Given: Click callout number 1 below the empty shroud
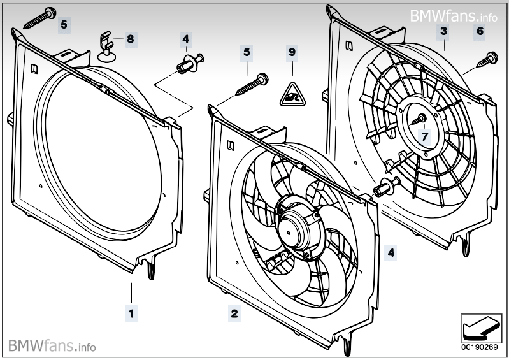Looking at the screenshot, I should point(131,313).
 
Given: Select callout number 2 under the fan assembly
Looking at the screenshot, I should point(234,313).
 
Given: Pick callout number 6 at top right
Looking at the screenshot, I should point(480,31).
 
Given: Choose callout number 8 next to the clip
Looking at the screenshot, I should point(130,39).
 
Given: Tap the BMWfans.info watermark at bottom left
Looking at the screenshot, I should point(52,346).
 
